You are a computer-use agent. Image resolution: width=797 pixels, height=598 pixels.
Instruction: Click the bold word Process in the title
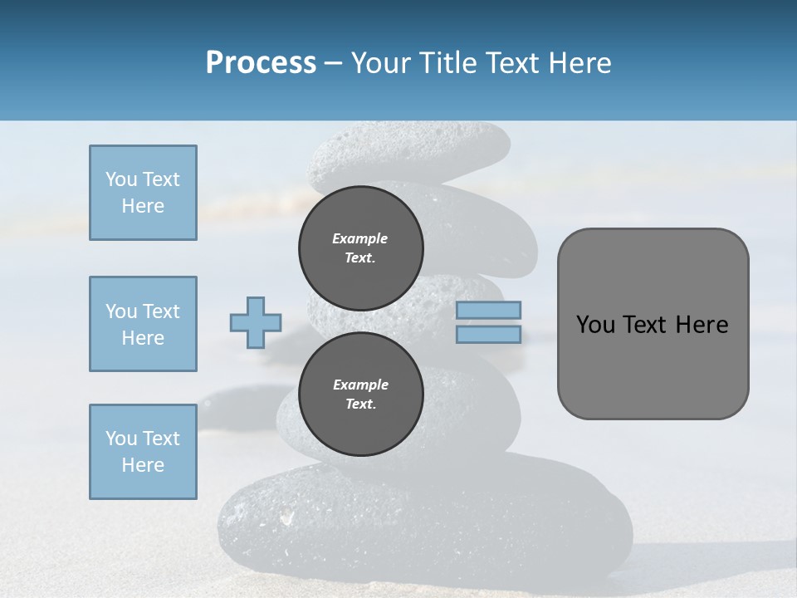(261, 63)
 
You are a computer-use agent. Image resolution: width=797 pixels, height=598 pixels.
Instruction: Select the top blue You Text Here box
(143, 193)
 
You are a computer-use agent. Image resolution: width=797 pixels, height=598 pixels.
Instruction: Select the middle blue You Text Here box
(143, 324)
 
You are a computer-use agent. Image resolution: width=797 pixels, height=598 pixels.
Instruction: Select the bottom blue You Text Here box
(143, 452)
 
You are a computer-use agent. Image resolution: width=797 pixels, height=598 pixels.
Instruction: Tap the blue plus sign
(256, 322)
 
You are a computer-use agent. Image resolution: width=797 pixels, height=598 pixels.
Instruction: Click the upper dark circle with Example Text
(360, 248)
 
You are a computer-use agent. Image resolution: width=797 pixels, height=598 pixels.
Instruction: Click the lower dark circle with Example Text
(360, 395)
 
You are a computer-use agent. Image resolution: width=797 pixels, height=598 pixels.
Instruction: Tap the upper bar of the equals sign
(488, 310)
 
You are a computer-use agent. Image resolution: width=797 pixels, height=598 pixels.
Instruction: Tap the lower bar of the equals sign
(488, 334)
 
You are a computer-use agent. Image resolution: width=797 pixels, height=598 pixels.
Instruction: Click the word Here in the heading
(578, 63)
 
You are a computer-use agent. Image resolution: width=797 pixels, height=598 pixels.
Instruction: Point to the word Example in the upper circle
(360, 238)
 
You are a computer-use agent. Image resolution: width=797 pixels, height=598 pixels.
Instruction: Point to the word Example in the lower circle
(360, 385)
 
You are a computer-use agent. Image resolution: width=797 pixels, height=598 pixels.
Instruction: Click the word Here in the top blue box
(143, 206)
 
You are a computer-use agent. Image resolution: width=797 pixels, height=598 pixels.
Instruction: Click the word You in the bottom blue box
(121, 439)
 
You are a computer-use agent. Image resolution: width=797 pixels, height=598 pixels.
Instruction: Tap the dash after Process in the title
(333, 63)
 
